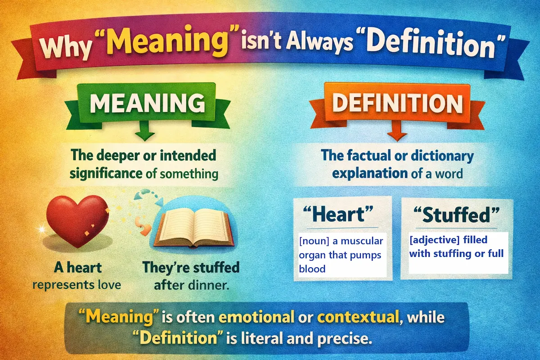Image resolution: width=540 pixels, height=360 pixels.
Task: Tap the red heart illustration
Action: pyautogui.click(x=77, y=220)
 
